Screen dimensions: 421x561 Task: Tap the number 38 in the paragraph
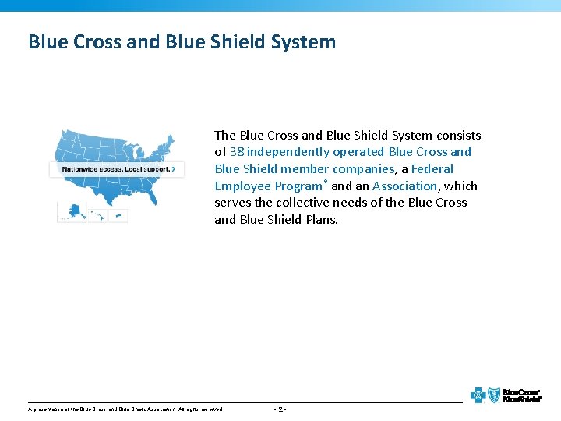tap(237, 152)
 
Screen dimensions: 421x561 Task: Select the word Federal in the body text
tap(432, 169)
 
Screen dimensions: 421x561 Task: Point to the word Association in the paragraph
tap(404, 186)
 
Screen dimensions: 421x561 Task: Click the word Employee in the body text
tap(244, 186)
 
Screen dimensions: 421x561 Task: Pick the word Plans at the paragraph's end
tap(321, 220)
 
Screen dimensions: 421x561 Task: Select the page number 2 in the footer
tap(281, 409)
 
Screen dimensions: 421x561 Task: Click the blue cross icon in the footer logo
tap(478, 395)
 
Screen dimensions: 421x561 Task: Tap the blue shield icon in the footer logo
tap(492, 395)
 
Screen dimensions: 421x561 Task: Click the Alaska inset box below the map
tap(72, 212)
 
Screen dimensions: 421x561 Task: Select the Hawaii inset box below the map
tap(97, 213)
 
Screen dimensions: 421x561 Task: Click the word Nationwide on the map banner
tap(81, 169)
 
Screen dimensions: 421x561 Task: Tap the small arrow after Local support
tap(174, 169)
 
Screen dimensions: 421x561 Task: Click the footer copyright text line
tap(125, 409)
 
